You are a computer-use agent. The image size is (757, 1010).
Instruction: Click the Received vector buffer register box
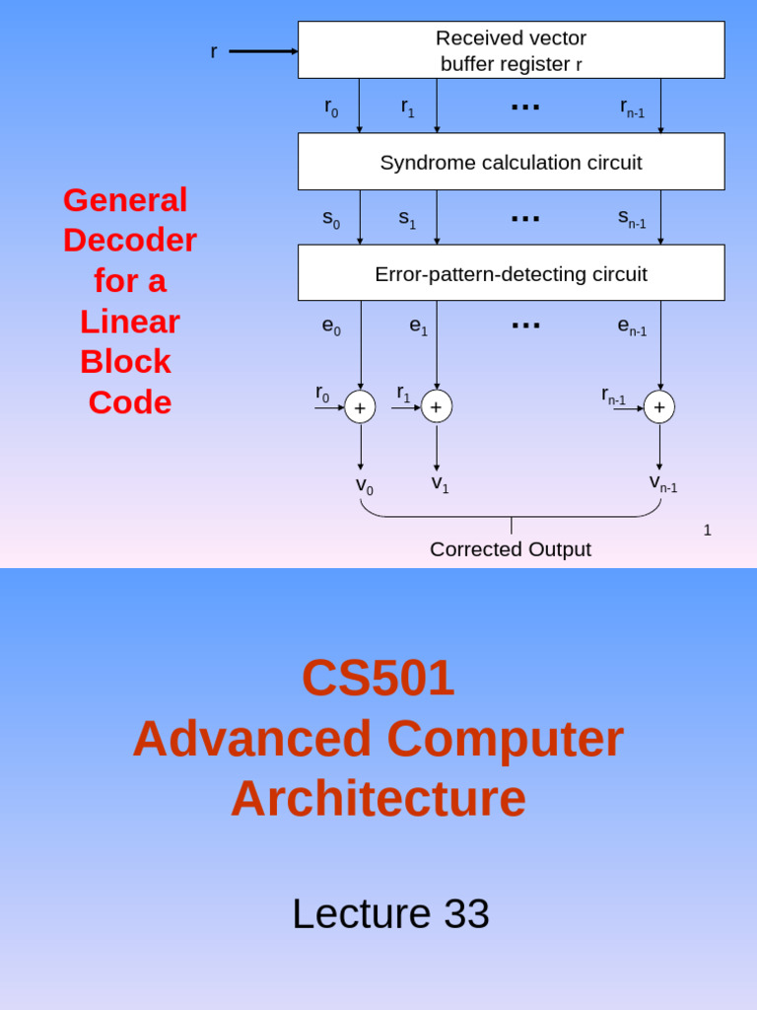coord(511,50)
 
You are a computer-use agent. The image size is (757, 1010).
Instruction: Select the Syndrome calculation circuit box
coord(511,162)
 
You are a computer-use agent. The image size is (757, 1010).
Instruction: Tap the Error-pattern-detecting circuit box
coord(511,273)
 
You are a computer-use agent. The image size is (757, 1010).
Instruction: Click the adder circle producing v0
coord(360,406)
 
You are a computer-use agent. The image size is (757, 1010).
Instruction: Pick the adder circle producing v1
coord(437,406)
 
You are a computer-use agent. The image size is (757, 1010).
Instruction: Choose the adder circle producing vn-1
coord(659,406)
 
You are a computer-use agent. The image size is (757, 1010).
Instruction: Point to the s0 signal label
coord(331,219)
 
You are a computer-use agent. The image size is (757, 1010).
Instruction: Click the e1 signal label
coord(419,325)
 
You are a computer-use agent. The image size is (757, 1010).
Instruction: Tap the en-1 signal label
coord(632,325)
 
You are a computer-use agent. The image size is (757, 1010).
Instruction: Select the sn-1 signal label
coord(632,218)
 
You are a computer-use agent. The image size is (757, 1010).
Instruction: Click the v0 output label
coord(364,485)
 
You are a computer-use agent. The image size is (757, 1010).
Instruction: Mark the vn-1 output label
coord(662,482)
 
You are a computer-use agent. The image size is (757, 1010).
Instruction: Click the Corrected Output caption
coord(511,549)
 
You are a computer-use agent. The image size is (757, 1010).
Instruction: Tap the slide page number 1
coord(707,531)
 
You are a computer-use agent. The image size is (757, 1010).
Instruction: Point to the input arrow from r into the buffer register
coord(263,51)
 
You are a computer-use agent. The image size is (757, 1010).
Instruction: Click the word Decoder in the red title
coord(130,240)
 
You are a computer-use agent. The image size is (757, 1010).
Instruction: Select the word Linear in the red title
coord(130,322)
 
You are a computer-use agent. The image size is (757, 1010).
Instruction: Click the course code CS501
coord(378,678)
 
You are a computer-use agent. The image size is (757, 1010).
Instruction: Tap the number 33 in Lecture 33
coord(466,914)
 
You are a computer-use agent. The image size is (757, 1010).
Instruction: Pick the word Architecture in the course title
coord(378,799)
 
